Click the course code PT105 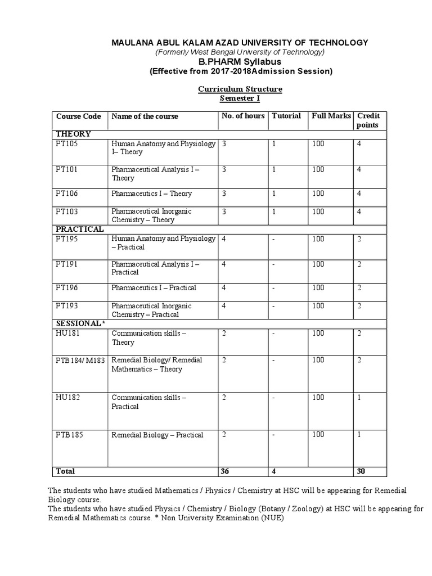[66, 144]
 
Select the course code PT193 [66, 306]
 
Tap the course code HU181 [66, 334]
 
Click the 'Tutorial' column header [286, 116]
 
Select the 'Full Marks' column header [331, 116]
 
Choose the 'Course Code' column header [78, 116]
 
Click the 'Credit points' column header [368, 120]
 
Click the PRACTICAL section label [79, 229]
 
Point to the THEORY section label [73, 134]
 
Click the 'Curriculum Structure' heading [240, 89]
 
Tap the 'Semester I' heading [239, 99]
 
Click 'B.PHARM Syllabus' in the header [240, 61]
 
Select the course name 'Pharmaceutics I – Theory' [151, 193]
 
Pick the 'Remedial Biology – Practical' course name [157, 435]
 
